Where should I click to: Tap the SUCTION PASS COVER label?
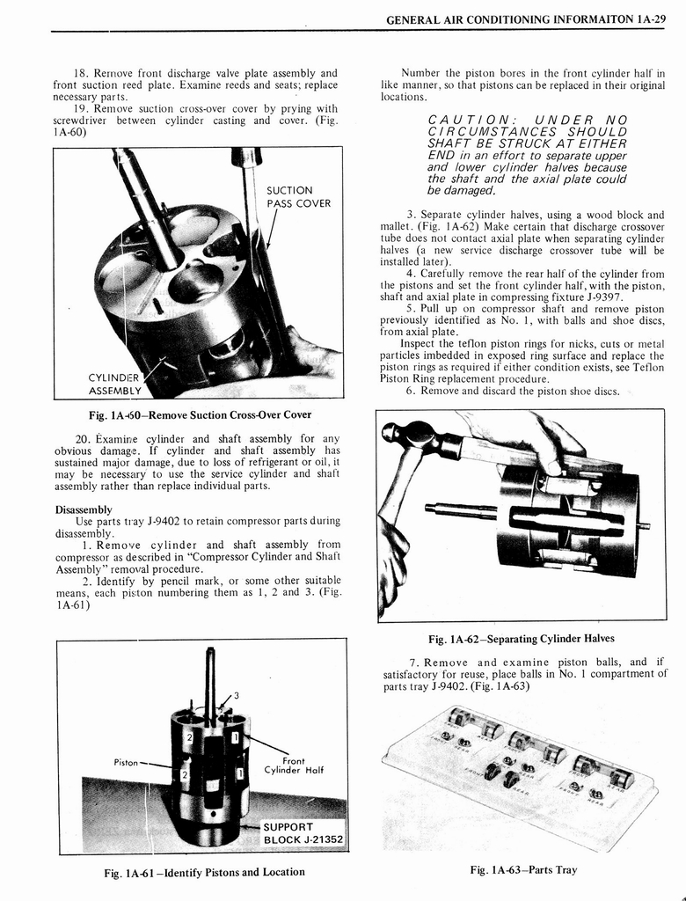(298, 197)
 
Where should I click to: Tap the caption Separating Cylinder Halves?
(521, 638)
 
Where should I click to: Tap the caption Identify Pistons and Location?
(204, 872)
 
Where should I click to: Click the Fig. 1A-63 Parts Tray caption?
(523, 869)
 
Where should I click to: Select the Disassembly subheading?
(84, 509)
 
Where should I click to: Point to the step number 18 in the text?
(84, 73)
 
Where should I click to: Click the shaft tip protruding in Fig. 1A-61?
(209, 653)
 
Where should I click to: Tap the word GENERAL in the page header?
(419, 18)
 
